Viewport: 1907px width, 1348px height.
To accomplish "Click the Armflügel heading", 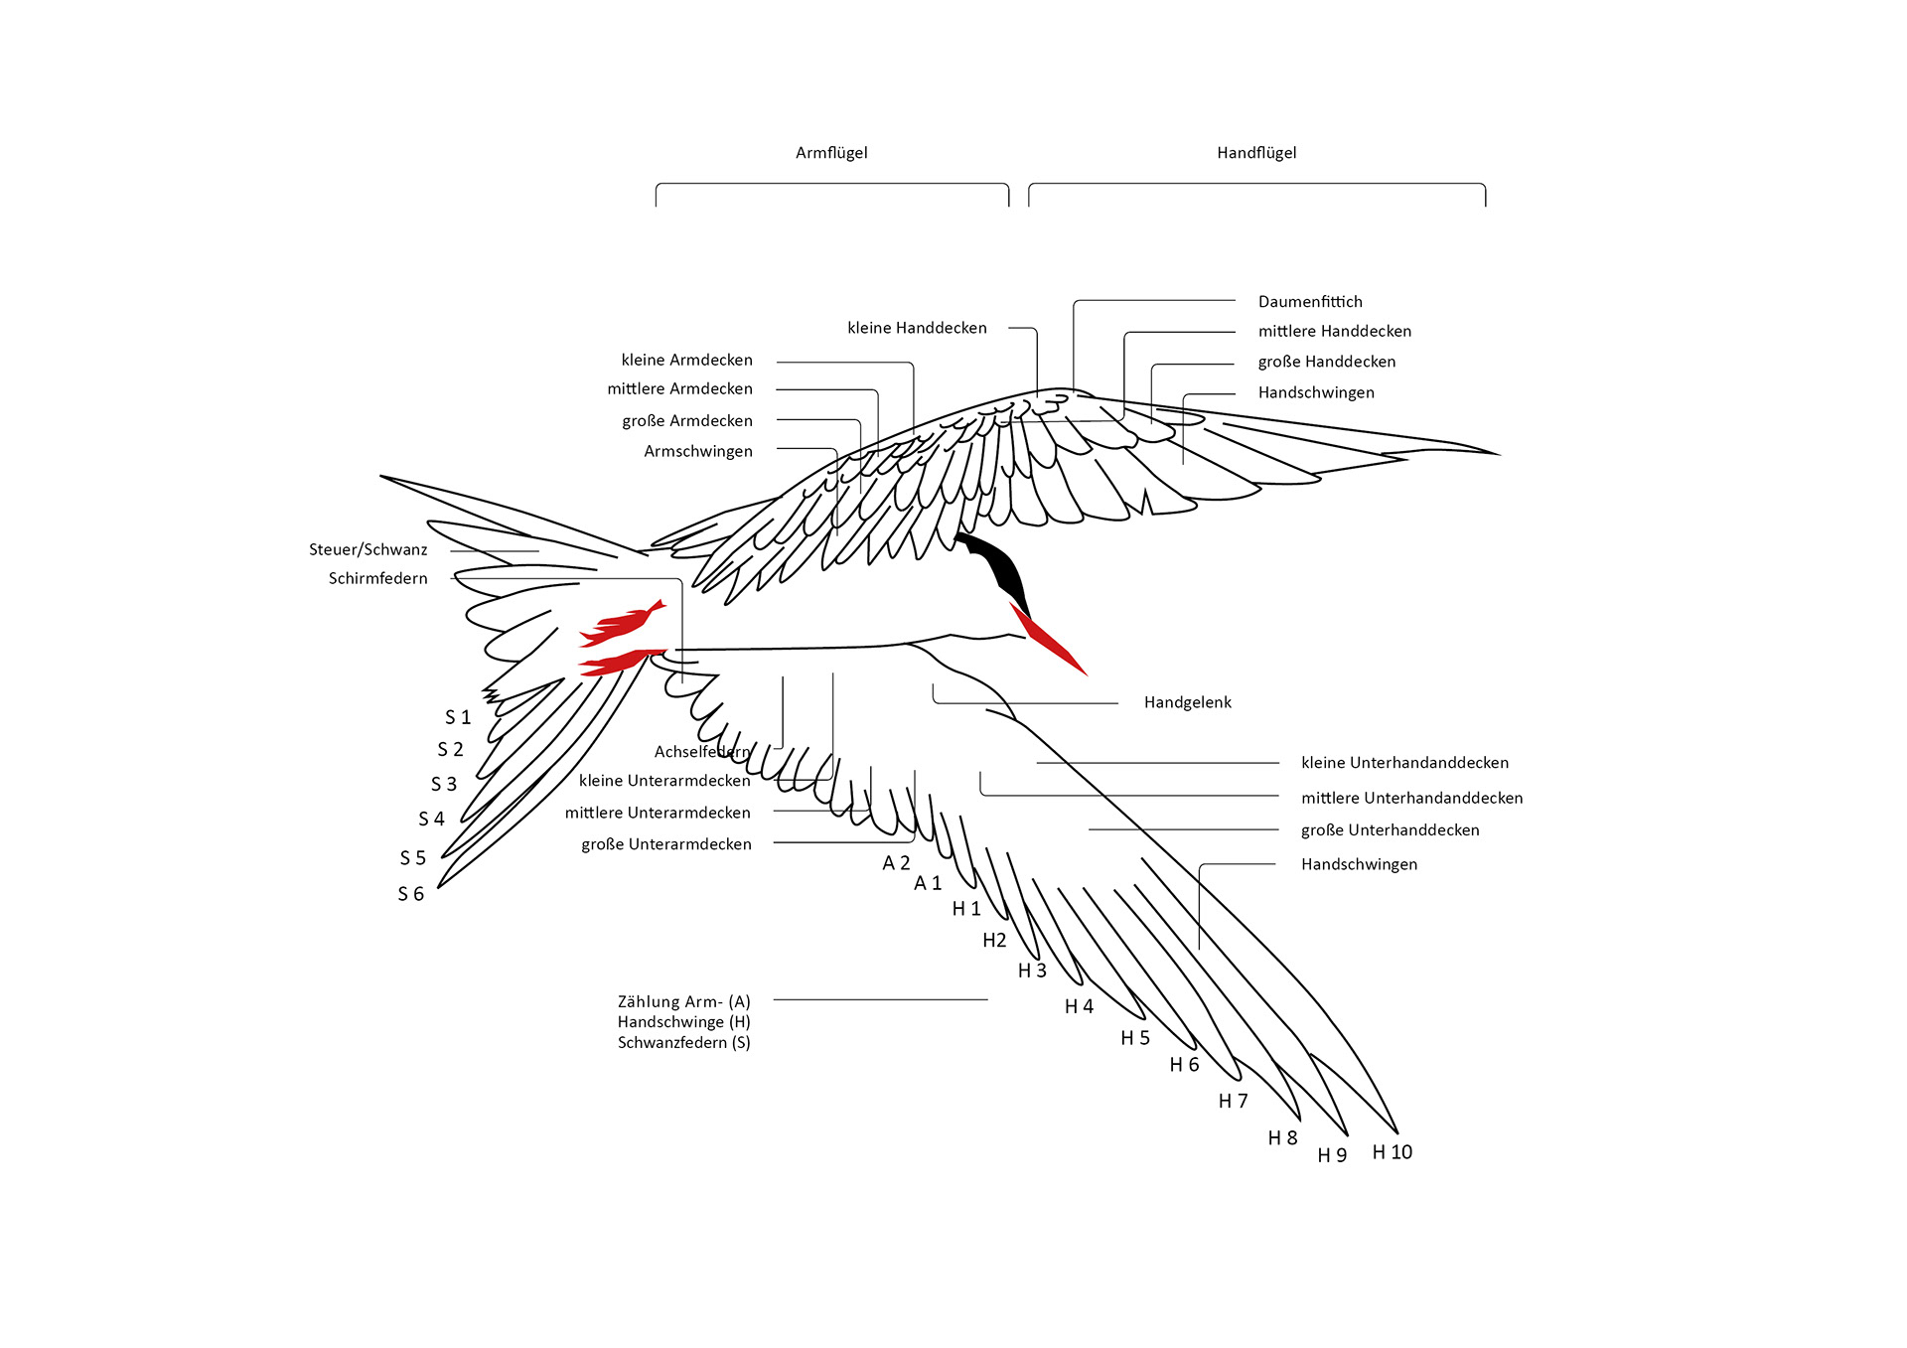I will coord(831,153).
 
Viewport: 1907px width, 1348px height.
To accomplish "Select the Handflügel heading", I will coord(1256,153).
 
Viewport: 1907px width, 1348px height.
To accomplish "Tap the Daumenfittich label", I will coord(1310,302).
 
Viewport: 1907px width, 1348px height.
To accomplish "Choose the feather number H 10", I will coord(1392,1152).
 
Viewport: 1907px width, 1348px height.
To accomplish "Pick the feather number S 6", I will coord(411,894).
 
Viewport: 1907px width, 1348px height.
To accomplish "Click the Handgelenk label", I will coord(1187,703).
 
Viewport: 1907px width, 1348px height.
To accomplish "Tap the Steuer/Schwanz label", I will coord(368,550).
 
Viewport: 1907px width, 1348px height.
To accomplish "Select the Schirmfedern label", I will coord(378,579).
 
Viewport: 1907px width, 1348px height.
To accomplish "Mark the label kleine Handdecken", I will coord(917,329).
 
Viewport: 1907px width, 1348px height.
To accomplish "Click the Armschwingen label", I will coord(698,452).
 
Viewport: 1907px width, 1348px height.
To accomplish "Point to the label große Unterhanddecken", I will coord(1390,830).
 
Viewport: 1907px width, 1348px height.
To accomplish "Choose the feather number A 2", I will coord(896,863).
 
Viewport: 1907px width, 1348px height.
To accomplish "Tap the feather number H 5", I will coord(1135,1038).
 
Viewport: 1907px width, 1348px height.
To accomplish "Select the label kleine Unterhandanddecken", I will coord(1404,763).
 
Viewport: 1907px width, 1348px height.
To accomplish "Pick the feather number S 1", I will coord(458,717).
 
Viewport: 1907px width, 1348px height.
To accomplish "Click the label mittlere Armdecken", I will coord(680,389).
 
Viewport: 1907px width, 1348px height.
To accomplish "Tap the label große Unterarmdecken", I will coord(666,844).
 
